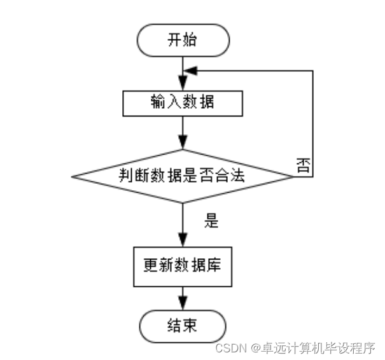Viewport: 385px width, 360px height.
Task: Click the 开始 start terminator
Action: [x=183, y=40]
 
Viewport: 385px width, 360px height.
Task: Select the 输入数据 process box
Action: [x=183, y=103]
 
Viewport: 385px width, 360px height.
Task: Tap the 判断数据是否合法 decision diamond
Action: [x=183, y=176]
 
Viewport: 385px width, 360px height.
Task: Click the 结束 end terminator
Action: [x=183, y=326]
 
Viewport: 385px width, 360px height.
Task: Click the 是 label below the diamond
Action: [x=211, y=221]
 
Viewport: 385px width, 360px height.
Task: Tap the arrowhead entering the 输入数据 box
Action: [x=183, y=85]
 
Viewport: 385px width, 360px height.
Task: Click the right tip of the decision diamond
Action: [x=294, y=176]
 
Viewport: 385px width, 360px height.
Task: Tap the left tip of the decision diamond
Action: [x=71, y=176]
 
